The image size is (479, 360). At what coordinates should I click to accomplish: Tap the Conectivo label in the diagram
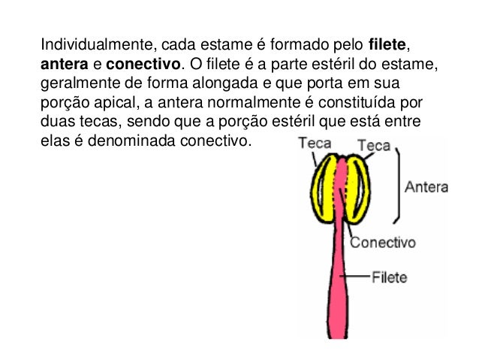pos(383,243)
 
